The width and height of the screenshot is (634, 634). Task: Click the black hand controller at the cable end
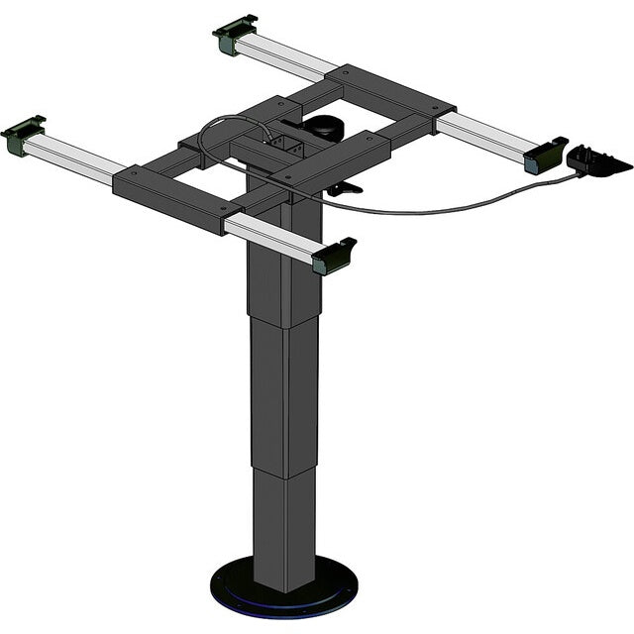598,159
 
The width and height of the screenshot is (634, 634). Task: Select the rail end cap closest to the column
335,256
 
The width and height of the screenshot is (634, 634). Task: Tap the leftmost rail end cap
23,134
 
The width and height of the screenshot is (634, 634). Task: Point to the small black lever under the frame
342,187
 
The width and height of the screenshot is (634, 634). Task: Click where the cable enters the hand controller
574,174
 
